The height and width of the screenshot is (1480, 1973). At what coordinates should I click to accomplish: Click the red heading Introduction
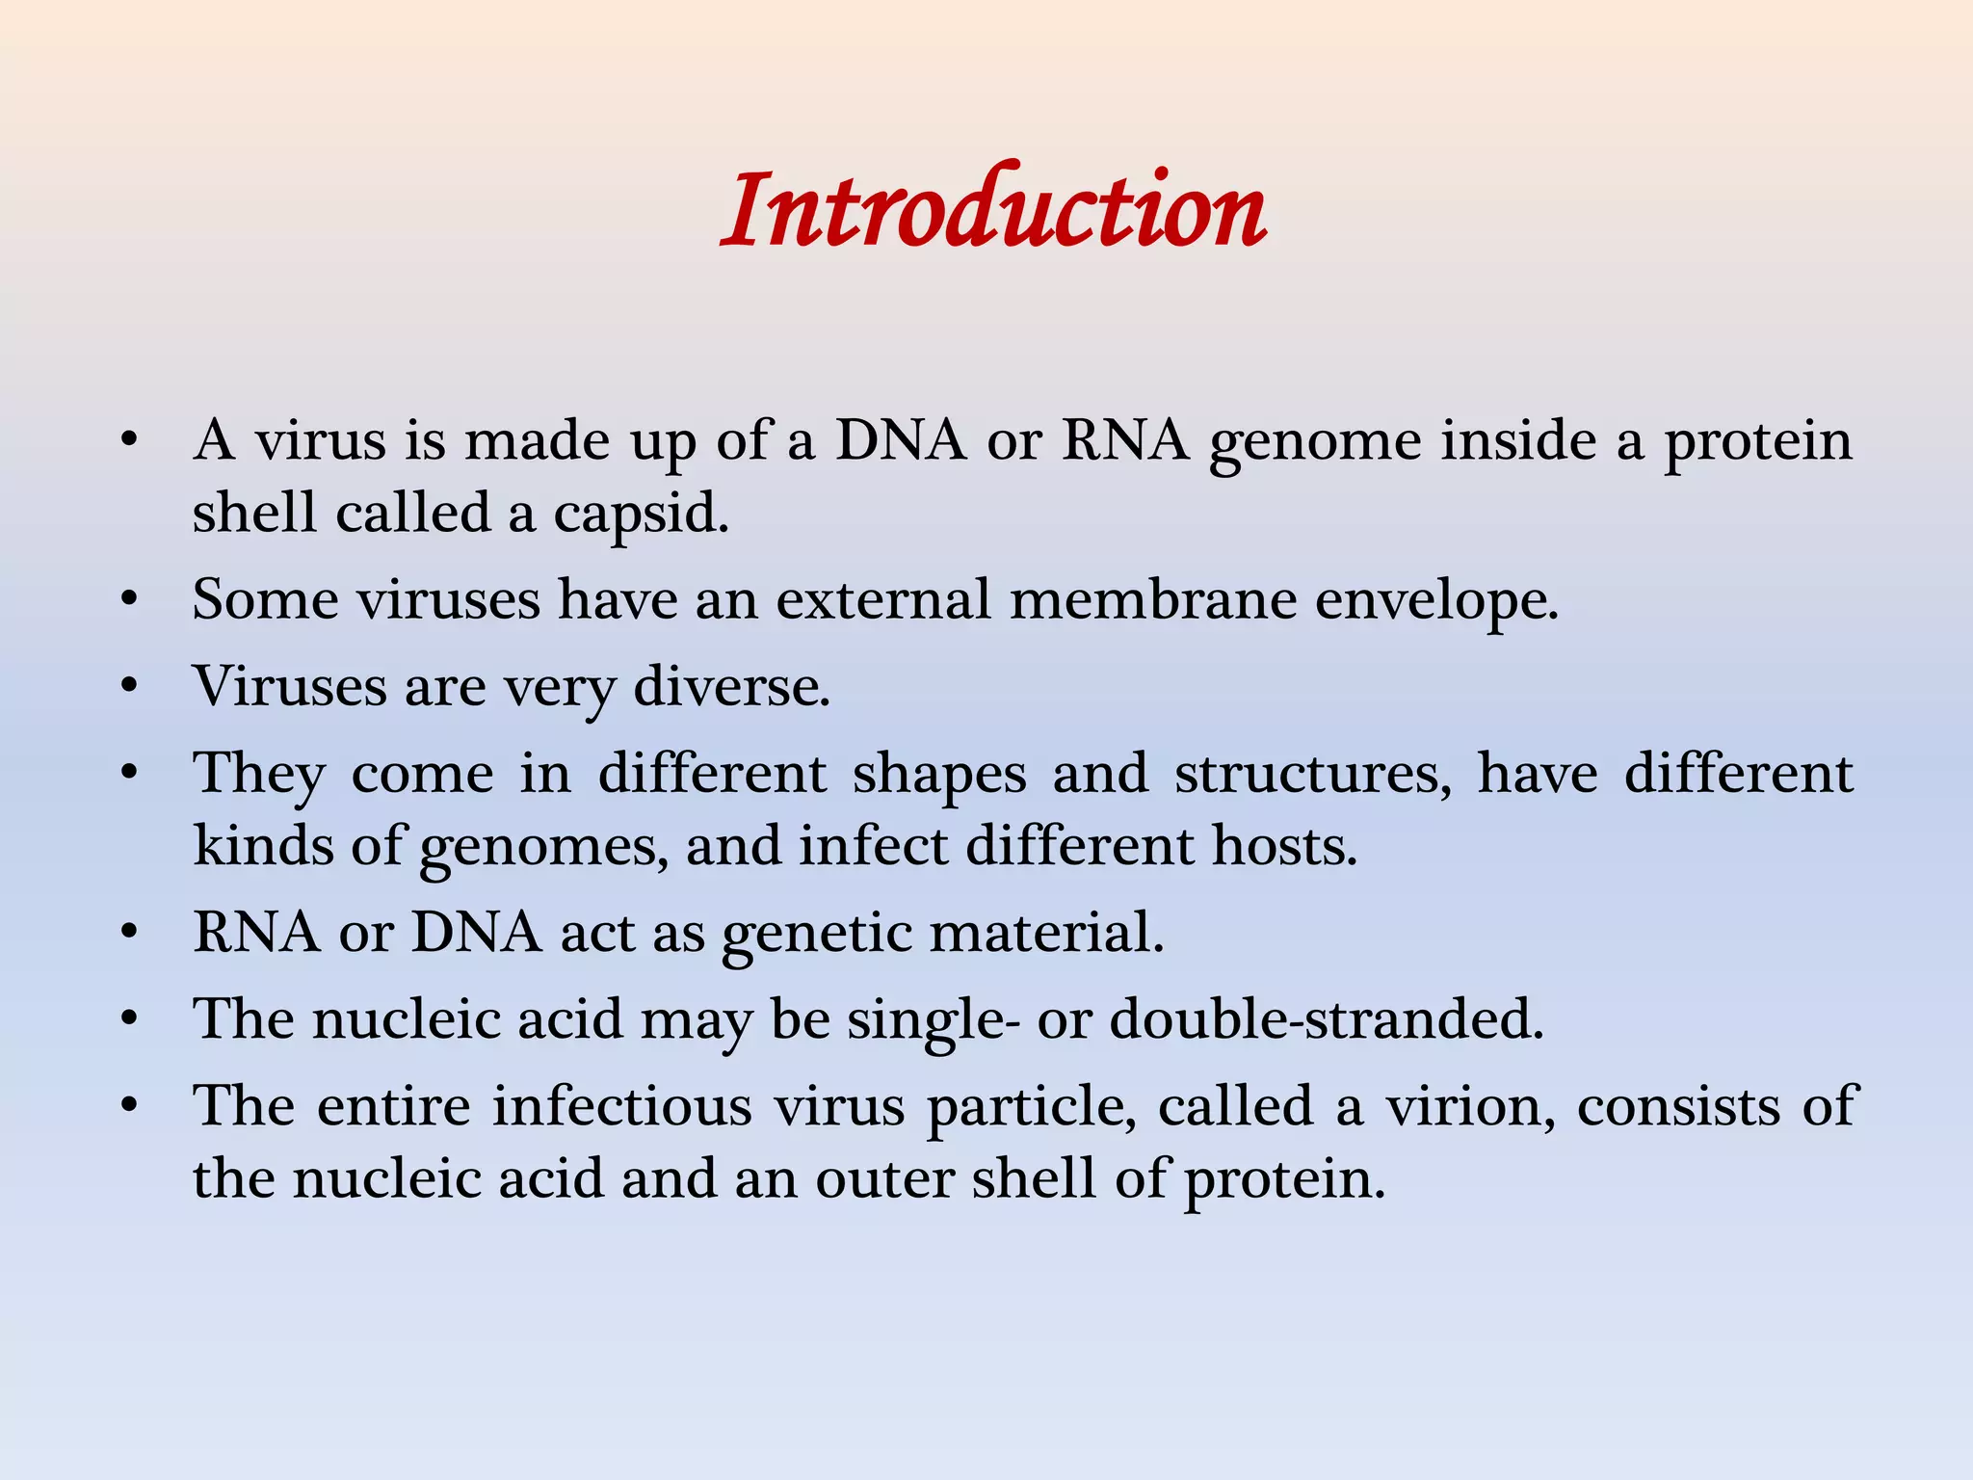pos(993,210)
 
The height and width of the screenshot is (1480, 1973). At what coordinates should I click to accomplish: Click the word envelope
pos(1435,601)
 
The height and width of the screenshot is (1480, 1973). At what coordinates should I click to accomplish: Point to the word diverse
pos(731,686)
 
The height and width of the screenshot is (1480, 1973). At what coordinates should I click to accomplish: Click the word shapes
pos(939,775)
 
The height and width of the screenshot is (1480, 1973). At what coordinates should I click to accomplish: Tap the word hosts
pos(1283,846)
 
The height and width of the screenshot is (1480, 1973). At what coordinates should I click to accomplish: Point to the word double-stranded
pos(1327,1019)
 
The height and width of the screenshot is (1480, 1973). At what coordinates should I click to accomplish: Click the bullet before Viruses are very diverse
pos(129,687)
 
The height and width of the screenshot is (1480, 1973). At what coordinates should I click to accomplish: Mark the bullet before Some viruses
pos(129,600)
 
